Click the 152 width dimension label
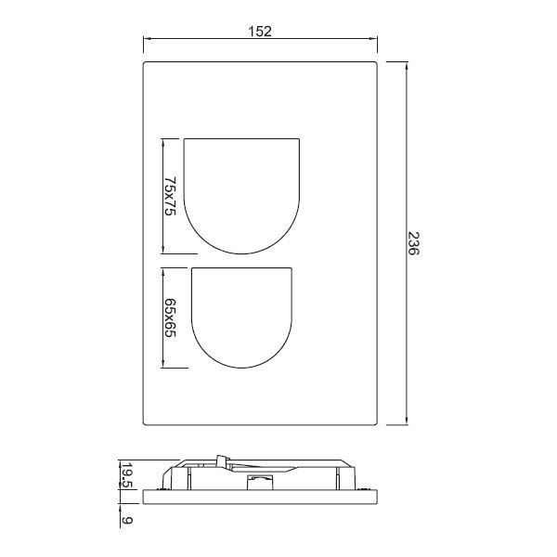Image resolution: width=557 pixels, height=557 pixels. pos(260,32)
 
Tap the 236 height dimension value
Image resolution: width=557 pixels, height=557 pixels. pos(413,243)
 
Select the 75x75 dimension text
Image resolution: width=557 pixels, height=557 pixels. pos(170,196)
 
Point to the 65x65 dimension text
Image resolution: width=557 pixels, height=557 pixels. pos(170,317)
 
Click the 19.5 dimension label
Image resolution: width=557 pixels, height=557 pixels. pos(127,475)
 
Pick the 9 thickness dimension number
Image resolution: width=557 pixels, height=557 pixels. pos(127,520)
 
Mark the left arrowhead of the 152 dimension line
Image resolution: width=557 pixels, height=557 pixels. pos(147,38)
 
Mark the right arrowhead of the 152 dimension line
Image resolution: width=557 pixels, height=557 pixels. pos(374,38)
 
